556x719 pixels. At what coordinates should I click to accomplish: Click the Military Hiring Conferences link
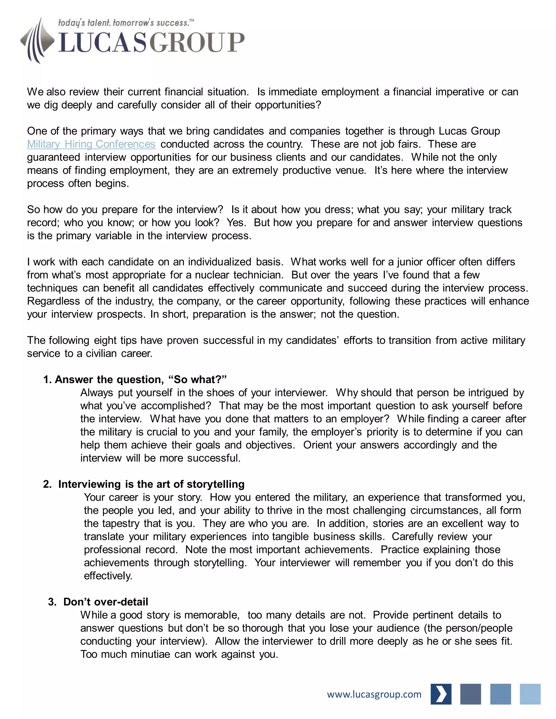coord(91,144)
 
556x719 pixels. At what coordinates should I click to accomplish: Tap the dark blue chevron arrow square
coord(441,694)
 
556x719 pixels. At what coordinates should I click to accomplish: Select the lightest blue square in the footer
coord(530,694)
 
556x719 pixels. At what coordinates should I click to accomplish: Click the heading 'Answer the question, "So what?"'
coord(135,380)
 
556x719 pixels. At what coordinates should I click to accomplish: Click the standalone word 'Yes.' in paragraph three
coord(236,222)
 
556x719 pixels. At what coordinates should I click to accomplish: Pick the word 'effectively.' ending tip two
coord(108,576)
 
